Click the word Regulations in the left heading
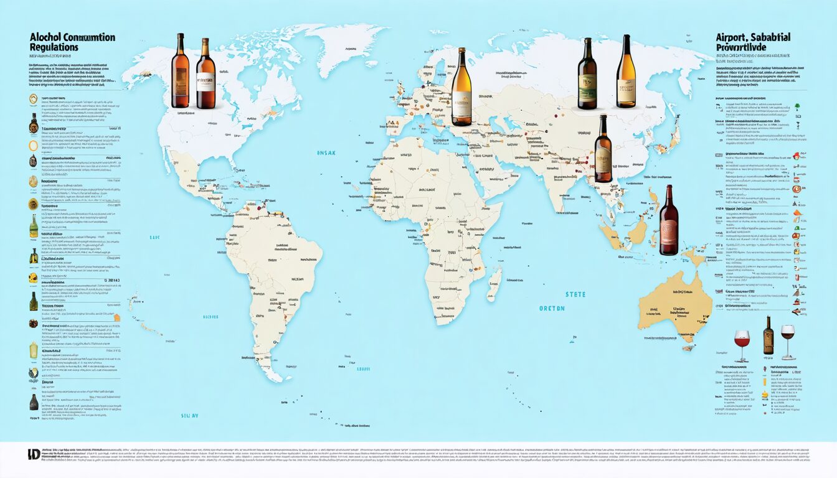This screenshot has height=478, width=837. [54, 48]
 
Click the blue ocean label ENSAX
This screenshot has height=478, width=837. [326, 152]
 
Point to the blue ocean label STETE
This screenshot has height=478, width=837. [575, 294]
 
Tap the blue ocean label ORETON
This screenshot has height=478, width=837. [552, 308]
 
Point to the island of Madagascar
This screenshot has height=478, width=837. [494, 283]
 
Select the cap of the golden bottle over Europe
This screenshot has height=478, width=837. [461, 51]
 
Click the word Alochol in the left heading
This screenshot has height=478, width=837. [46, 37]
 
